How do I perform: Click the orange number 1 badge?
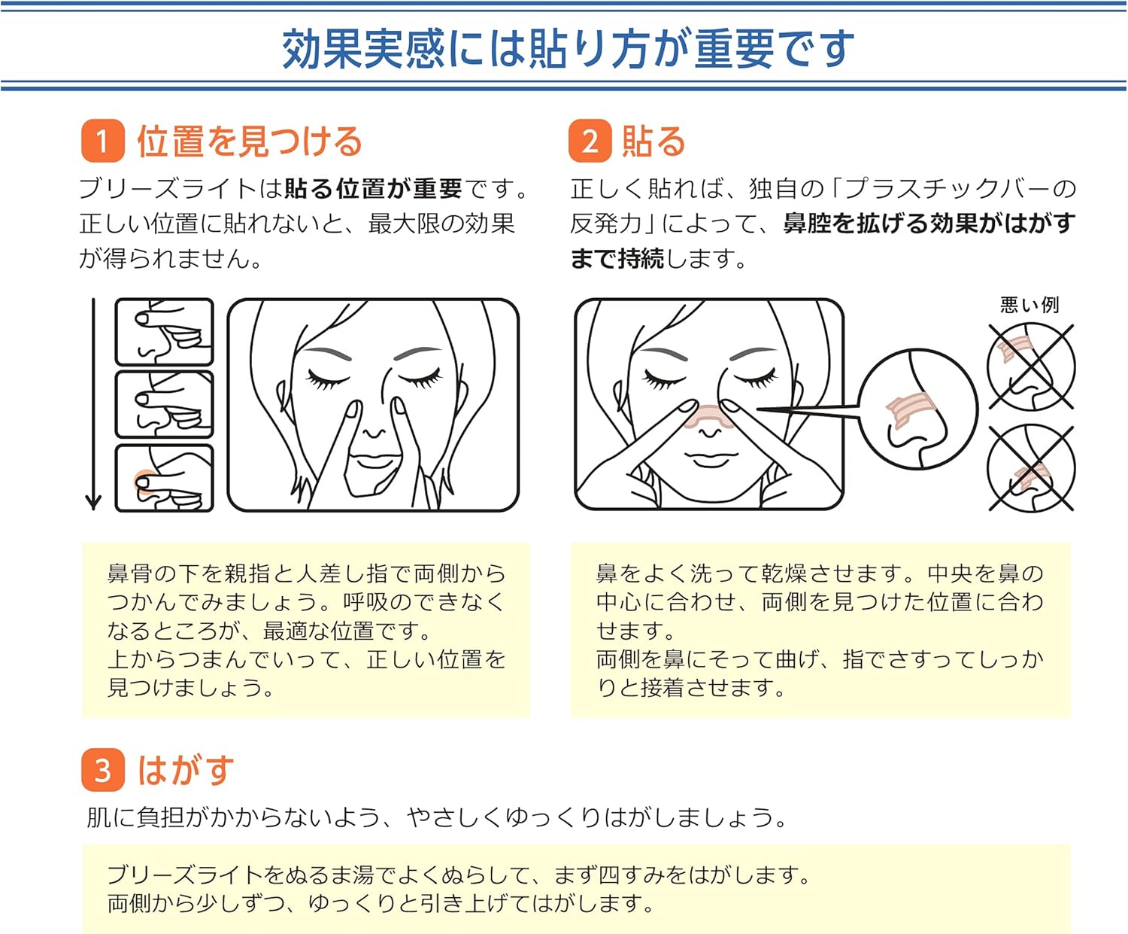click(102, 141)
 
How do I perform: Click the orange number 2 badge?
click(590, 141)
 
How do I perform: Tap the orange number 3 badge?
click(102, 770)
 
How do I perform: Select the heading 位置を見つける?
click(250, 141)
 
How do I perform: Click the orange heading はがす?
click(186, 770)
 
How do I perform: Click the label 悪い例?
click(1029, 305)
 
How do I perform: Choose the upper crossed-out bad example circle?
click(1031, 367)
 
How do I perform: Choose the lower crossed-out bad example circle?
click(1031, 468)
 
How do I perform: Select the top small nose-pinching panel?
click(164, 332)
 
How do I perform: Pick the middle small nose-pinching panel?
click(164, 404)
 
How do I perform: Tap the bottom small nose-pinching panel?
click(164, 478)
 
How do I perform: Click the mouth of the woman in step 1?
click(374, 460)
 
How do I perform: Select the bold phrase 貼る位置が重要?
click(373, 188)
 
